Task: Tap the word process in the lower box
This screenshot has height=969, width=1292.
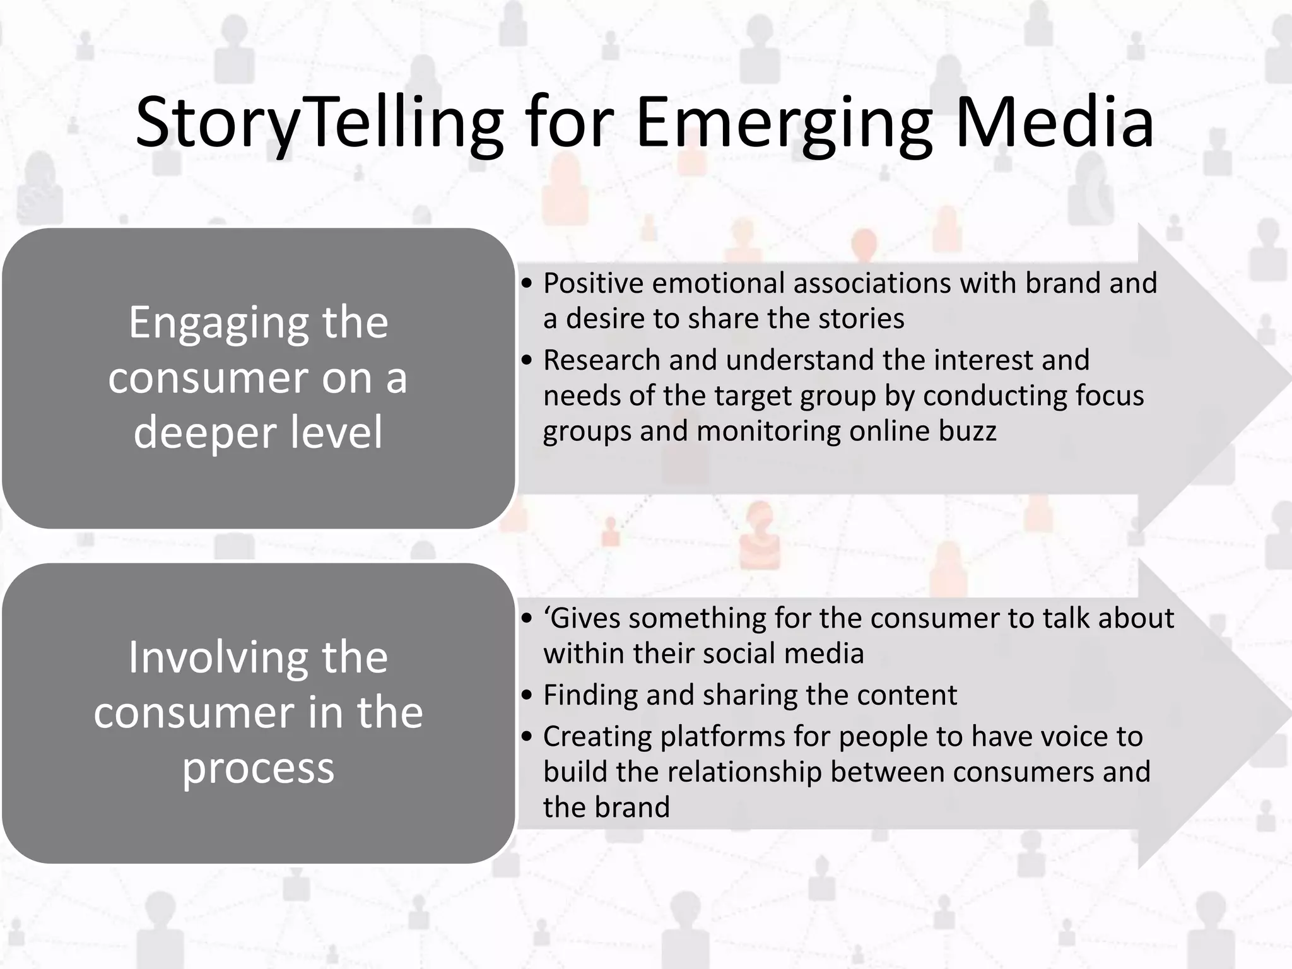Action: pos(258,770)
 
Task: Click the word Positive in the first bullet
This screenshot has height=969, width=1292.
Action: pos(593,283)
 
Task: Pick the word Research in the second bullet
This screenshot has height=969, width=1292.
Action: pos(601,360)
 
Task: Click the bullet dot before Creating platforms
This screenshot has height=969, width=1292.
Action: pos(527,737)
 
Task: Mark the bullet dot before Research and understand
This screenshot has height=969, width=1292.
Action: pos(527,361)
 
